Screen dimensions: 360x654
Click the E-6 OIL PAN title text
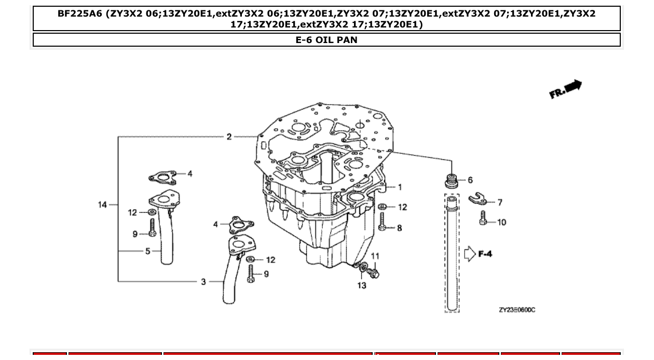coord(326,40)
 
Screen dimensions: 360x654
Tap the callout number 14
coord(102,204)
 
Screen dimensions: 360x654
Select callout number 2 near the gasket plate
coord(229,137)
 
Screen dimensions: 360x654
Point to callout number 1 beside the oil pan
coord(400,187)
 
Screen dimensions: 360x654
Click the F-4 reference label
coord(485,254)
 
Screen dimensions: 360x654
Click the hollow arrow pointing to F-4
coord(469,254)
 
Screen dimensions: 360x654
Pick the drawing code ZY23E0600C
coord(516,310)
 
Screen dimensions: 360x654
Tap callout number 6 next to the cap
coord(470,180)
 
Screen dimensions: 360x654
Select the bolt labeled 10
coord(483,218)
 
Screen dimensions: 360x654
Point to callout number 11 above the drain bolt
coord(375,256)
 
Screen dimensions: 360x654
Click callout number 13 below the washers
coord(361,285)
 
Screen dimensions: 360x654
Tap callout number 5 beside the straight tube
coord(148,251)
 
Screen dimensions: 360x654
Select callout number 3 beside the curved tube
coord(203,282)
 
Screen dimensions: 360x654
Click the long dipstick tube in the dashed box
coord(452,254)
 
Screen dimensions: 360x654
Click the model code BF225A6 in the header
coord(80,14)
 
